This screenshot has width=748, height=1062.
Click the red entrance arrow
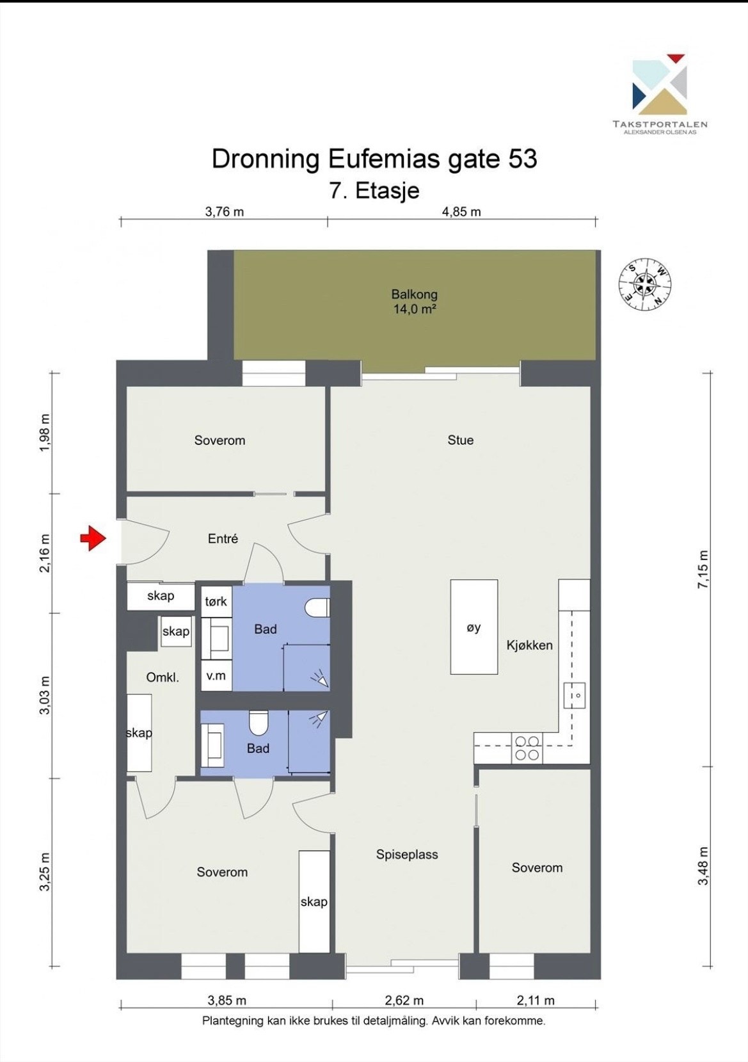92,538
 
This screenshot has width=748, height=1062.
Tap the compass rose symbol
645,284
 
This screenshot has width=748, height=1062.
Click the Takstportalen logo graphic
659,84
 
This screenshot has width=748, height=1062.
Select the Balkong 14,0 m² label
414,302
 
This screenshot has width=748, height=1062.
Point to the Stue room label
460,440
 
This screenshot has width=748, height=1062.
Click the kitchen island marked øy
474,627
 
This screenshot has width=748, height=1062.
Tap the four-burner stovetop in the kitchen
527,748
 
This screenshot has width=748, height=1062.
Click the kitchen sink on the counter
574,695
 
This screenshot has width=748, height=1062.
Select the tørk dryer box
217,601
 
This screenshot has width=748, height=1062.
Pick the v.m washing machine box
217,675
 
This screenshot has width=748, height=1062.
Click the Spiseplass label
407,855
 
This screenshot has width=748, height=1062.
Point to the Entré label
223,538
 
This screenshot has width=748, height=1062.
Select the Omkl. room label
163,677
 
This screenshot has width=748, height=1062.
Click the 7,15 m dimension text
703,569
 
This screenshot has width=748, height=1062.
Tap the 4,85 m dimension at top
461,212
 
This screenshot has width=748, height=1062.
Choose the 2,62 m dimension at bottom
404,1001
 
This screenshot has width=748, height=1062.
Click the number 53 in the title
523,159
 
